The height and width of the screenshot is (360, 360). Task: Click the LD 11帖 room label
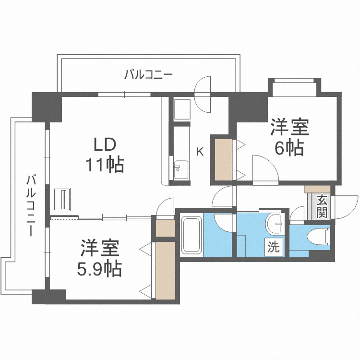point(105,155)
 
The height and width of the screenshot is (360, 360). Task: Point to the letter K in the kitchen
point(200,152)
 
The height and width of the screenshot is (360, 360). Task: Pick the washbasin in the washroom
point(276,224)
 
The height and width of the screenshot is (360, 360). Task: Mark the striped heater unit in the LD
point(63,200)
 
